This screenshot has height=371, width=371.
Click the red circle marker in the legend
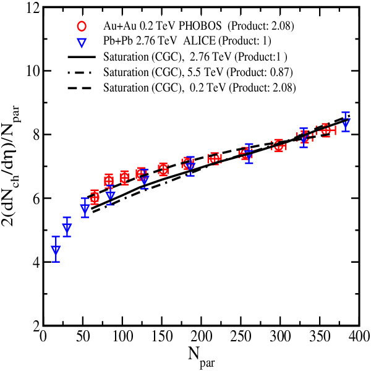click(x=82, y=26)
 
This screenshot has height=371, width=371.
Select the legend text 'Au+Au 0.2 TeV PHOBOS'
click(x=162, y=26)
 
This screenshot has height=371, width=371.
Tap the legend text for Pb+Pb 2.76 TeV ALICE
click(x=160, y=41)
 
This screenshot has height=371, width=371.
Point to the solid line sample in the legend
click(x=82, y=57)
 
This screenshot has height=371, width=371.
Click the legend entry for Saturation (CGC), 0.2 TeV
click(x=200, y=88)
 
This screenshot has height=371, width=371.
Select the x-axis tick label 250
click(x=241, y=336)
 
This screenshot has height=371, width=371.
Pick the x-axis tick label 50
click(x=83, y=336)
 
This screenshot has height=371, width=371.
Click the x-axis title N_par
click(x=202, y=357)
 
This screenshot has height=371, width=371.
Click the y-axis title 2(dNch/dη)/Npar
click(x=11, y=166)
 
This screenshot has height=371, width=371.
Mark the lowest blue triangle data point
click(x=56, y=250)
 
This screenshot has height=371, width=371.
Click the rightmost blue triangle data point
click(x=346, y=122)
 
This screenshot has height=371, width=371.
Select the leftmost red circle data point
click(x=95, y=197)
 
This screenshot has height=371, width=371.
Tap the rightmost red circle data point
click(x=326, y=130)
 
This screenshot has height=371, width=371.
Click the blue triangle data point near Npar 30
click(x=67, y=227)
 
